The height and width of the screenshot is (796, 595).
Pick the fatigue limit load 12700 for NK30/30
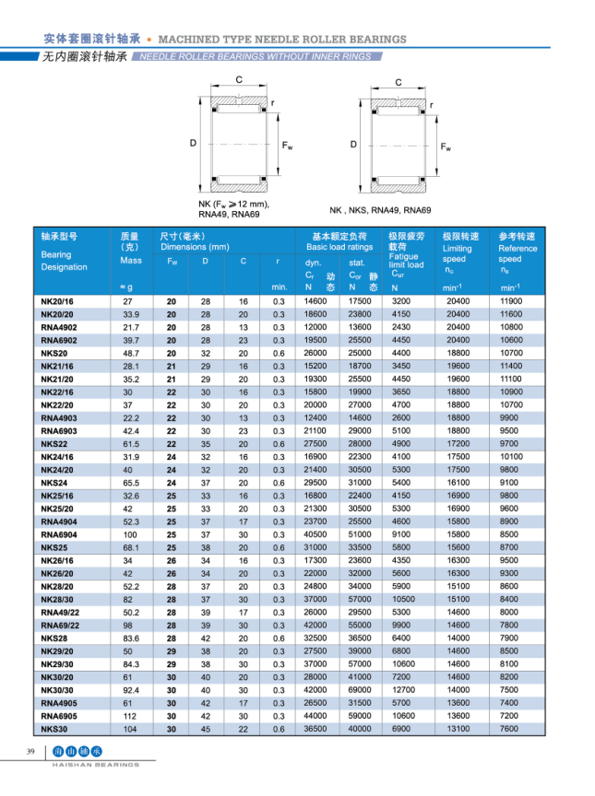pos(402,689)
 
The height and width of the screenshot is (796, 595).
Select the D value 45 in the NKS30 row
pos(206,728)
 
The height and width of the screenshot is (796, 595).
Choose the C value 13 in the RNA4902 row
pos(244,327)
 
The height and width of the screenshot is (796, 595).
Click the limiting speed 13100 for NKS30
pos(458,728)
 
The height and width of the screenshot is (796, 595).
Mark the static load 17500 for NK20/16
pos(360,301)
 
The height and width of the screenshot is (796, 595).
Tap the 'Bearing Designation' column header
pos(64,261)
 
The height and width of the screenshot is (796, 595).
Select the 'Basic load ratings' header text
pos(339,247)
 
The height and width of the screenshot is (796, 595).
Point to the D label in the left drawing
pos(194,143)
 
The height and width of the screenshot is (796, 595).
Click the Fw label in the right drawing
pos(446,146)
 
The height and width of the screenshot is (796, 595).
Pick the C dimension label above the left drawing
pos(239,80)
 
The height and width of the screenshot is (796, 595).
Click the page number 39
pos(30,754)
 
